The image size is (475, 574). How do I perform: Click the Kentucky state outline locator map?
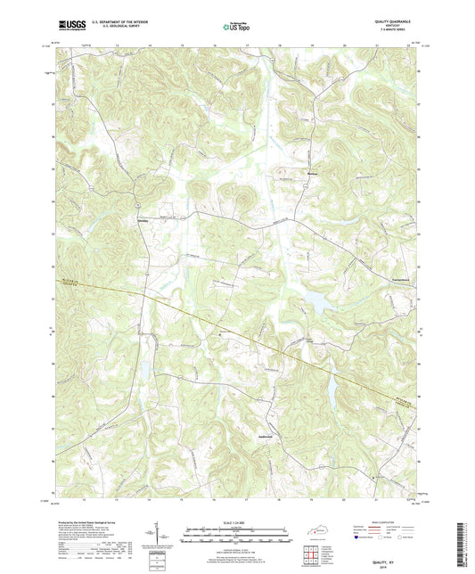(315, 529)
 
